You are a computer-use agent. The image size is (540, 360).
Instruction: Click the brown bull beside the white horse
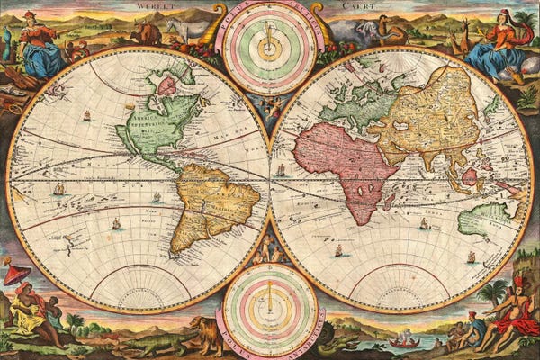[145, 34]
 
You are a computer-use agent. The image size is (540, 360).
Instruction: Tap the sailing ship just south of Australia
[470, 257]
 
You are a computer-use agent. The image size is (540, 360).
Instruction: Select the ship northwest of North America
[87, 115]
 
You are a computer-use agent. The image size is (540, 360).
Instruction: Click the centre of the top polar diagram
[270, 41]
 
